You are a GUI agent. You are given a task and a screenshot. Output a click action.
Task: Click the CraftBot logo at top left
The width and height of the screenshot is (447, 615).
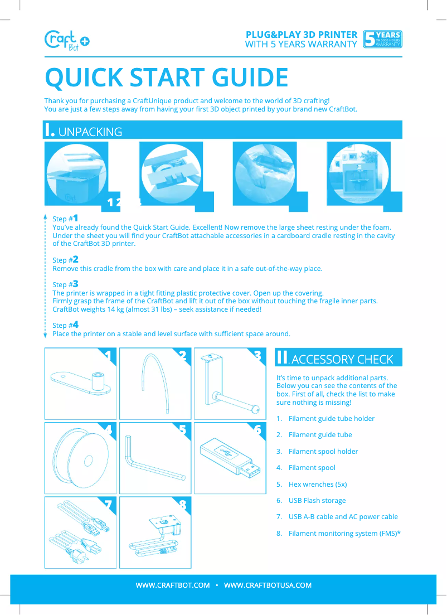66,40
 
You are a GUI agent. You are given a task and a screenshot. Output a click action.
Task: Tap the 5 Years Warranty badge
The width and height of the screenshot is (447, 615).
382,40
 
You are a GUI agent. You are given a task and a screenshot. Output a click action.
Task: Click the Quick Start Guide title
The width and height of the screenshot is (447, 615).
166,78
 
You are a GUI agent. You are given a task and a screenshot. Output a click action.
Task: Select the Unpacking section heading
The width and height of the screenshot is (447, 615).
84,131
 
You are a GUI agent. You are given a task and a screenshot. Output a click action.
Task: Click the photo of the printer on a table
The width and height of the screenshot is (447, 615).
358,174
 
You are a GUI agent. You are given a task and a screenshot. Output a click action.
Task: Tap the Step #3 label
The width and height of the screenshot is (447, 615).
65,284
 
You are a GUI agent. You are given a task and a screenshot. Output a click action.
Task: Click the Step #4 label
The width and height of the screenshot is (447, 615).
65,325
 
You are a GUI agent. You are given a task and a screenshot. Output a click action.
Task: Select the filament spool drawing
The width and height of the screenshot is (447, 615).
81,458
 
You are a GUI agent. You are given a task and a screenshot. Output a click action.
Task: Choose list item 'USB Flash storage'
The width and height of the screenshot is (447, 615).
317,501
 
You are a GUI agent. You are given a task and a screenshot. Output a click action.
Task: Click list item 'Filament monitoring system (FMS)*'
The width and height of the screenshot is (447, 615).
344,534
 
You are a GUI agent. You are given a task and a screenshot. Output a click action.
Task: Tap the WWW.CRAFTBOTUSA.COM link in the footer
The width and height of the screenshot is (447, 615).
268,585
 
